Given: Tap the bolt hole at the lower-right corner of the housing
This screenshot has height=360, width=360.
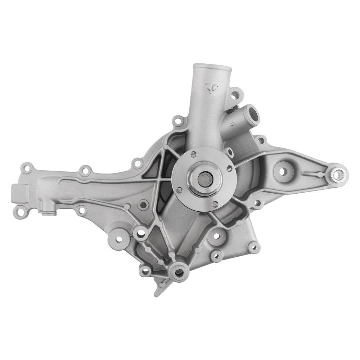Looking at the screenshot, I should pos(254,247).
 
